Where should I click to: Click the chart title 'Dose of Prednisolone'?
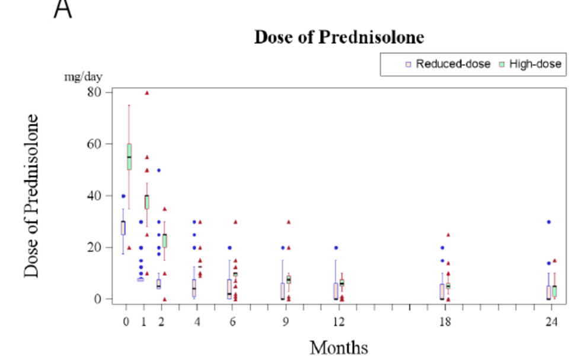coord(339,37)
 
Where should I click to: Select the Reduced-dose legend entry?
coord(448,64)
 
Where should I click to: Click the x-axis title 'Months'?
coord(339,347)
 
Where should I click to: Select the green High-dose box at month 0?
coord(129,157)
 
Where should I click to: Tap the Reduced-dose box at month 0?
coord(123,228)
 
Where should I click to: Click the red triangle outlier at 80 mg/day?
coord(147,93)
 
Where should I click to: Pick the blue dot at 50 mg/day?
coord(159,170)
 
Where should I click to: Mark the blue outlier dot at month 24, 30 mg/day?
coord(549,222)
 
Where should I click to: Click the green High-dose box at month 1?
coord(146,202)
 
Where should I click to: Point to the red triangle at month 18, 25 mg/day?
coord(448,235)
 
